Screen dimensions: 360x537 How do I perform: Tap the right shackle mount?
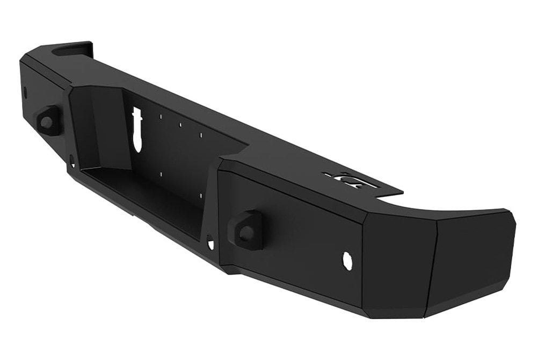(248, 229)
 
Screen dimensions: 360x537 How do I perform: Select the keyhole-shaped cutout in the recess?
(137, 128)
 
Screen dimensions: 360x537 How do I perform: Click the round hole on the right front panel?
(347, 261)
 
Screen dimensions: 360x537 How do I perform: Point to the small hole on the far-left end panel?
(25, 91)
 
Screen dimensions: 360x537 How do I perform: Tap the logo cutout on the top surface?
(352, 180)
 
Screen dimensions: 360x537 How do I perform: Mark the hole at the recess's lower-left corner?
(72, 160)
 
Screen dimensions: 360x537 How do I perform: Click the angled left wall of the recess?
(99, 129)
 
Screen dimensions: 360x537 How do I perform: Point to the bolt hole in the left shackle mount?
(46, 122)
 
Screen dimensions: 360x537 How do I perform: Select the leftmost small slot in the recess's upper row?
(161, 116)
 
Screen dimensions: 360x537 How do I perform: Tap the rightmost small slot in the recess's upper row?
(201, 135)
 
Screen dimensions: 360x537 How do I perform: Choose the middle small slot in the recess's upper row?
(180, 125)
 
